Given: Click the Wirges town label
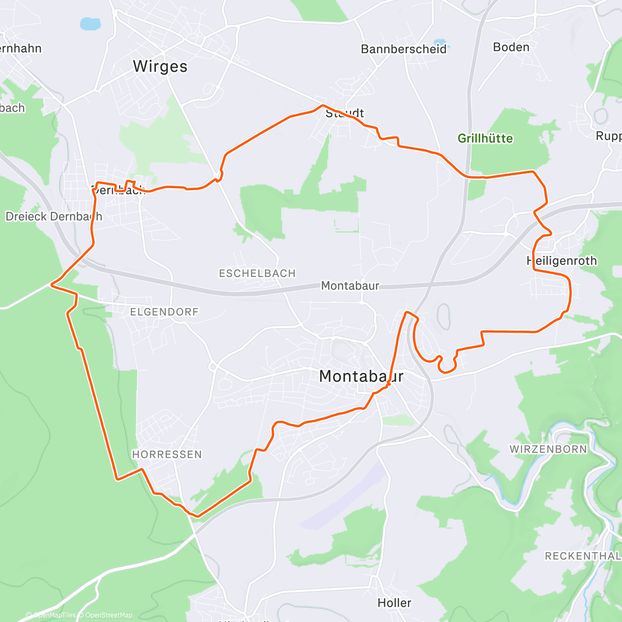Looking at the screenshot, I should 160,66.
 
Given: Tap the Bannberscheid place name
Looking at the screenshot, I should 403,49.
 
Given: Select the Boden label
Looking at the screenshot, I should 511,47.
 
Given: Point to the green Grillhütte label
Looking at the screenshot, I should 485,138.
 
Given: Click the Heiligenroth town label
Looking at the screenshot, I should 562,261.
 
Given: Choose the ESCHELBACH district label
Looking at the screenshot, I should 257,273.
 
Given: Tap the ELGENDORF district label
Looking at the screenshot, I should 164,312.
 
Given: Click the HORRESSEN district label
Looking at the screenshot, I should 167,455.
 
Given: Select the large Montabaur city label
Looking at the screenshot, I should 361,376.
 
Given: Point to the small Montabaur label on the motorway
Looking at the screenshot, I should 350,286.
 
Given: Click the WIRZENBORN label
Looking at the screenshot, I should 548,449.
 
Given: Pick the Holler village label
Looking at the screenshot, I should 394,603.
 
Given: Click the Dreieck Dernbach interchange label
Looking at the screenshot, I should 54,217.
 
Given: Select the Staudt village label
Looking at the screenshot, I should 345,113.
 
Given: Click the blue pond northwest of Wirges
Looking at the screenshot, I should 90,24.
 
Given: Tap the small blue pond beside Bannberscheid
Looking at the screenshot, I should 440,41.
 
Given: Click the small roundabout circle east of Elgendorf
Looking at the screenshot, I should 212,366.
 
